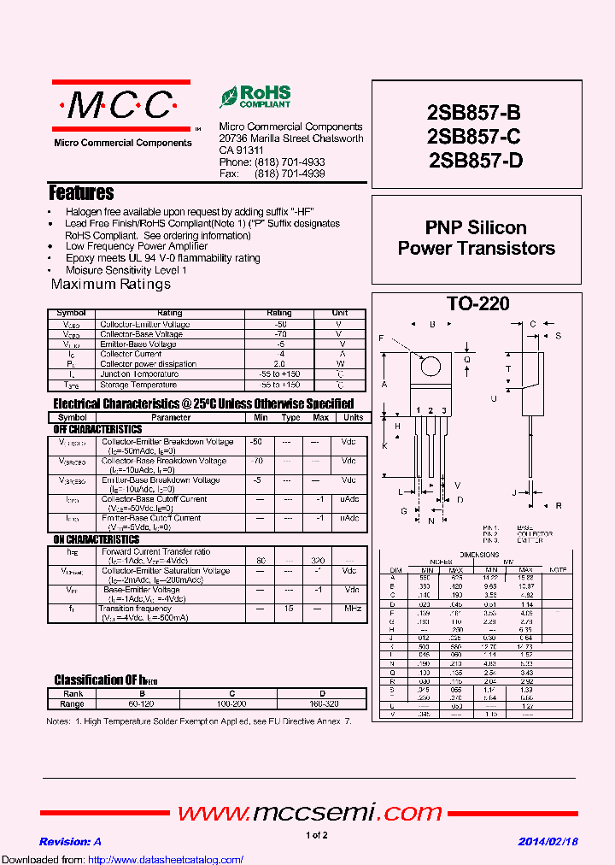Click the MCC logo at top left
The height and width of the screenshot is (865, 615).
[x=120, y=106]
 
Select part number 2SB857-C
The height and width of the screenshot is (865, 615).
[x=474, y=136]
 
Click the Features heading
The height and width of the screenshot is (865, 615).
[x=81, y=193]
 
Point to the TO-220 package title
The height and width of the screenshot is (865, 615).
[x=477, y=303]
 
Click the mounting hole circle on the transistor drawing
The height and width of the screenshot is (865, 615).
[x=431, y=366]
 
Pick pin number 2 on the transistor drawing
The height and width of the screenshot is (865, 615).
[x=431, y=411]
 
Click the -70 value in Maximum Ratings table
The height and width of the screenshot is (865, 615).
[x=278, y=334]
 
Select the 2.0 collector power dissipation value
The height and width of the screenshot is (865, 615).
[x=278, y=364]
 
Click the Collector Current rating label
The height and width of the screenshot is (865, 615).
[x=131, y=354]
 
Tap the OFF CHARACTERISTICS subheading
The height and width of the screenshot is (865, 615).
[x=97, y=429]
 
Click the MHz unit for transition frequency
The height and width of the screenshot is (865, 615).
[x=350, y=609]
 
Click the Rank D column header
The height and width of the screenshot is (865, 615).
[x=322, y=694]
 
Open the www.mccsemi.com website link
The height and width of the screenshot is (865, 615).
[x=298, y=811]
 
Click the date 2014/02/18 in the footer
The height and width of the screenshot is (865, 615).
[x=548, y=841]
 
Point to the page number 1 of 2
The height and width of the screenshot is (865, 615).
[x=316, y=835]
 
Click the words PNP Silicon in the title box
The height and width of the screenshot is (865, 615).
[x=476, y=228]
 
